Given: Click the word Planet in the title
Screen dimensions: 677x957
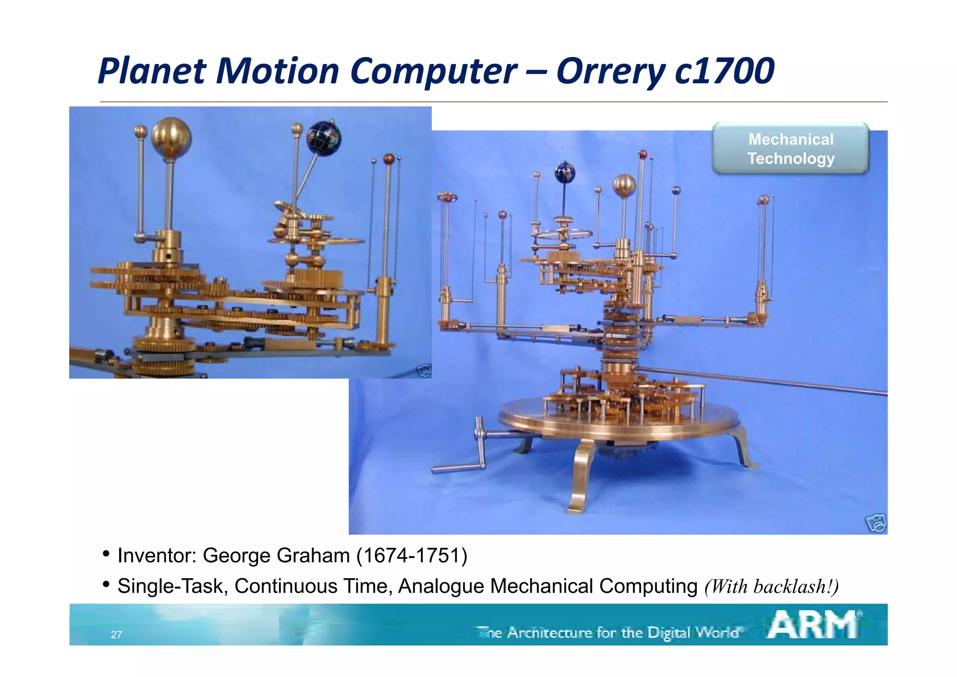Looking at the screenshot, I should click(152, 71).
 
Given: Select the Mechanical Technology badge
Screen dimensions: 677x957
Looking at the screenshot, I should click(790, 149).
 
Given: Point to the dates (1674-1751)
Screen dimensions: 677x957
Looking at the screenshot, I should click(412, 555).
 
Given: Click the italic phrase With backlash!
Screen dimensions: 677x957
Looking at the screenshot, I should click(771, 587).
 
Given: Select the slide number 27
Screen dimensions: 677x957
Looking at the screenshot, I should click(116, 634).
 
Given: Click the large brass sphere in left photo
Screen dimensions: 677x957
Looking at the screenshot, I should click(171, 138).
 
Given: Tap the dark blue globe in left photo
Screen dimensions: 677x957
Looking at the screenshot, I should click(324, 138).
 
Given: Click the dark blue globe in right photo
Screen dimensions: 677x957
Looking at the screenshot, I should click(565, 173).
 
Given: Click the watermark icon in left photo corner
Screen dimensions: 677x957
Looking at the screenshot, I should click(423, 371).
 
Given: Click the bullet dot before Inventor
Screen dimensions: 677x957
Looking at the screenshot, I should click(107, 554).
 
